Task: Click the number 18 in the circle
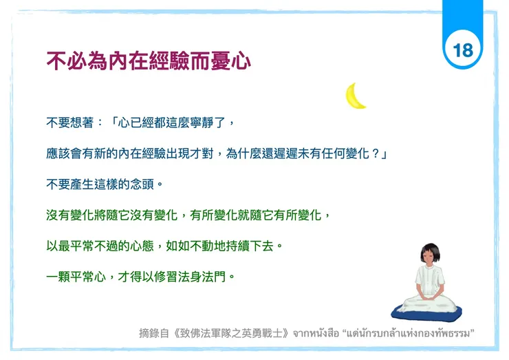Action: [463, 50]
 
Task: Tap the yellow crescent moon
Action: [355, 96]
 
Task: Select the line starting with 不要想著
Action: [141, 123]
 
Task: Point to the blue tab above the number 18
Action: [462, 14]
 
